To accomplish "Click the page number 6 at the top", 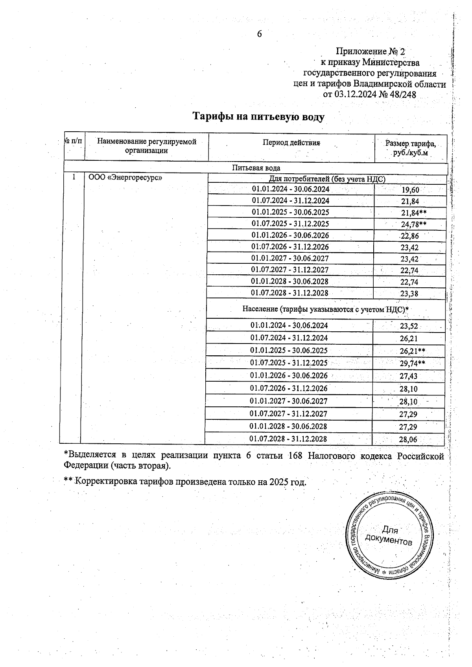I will (x=259, y=34).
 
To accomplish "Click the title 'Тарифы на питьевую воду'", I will (x=258, y=117).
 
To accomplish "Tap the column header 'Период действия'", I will (x=291, y=143).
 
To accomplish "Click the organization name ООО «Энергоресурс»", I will (x=125, y=177).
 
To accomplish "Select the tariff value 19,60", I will (x=410, y=190).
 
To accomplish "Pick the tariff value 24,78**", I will (x=413, y=224).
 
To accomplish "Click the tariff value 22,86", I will (x=409, y=236).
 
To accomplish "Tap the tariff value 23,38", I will (x=409, y=294).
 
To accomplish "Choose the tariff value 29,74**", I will (x=412, y=363).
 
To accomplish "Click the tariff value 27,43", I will (x=408, y=376).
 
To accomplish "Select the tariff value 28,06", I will (x=408, y=440).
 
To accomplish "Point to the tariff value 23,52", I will (x=409, y=326).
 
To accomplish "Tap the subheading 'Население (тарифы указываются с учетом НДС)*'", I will (x=325, y=309).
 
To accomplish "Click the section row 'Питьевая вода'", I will (x=256, y=168).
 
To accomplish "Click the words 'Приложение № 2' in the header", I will (x=370, y=51).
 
